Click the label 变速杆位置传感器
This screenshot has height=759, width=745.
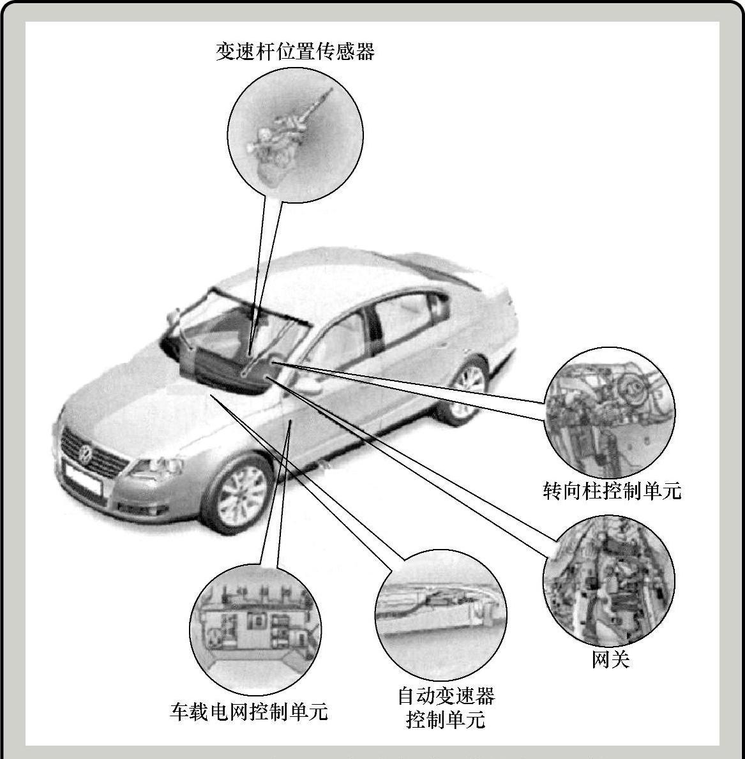point(296,51)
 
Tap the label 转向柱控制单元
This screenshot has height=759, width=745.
point(612,491)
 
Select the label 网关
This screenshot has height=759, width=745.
point(610,659)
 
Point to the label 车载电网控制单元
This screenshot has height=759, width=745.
point(249,712)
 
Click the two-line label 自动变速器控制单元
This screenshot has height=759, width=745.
point(446,707)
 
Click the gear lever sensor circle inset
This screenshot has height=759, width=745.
point(296,135)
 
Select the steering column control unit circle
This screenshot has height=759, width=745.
point(610,412)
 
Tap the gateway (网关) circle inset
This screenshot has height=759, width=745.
point(608,580)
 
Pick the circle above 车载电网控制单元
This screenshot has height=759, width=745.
point(255,629)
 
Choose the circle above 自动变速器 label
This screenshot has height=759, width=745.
point(441,615)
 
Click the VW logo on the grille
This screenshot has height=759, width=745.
point(86,454)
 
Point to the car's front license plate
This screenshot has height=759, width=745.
point(82,477)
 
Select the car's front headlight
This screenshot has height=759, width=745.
point(157,467)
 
